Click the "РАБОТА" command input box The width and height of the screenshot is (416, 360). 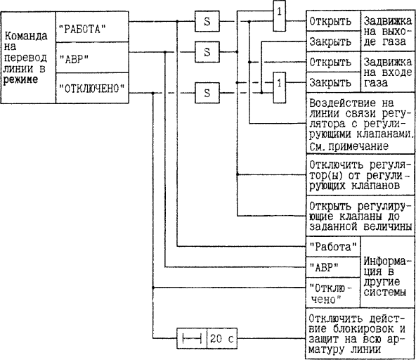92,27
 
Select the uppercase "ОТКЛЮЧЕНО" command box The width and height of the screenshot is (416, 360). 92,88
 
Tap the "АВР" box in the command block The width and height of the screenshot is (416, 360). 92,58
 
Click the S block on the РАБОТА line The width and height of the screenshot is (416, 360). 207,21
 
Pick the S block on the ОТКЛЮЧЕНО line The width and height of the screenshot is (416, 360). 207,93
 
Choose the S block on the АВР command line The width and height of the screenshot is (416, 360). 207,52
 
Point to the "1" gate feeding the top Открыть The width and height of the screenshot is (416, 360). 280,15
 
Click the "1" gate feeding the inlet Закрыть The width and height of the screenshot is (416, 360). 280,87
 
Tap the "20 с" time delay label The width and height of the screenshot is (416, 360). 222,338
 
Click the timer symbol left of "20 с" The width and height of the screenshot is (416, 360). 192,338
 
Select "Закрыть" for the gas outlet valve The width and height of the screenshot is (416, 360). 334,41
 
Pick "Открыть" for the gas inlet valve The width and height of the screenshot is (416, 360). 334,62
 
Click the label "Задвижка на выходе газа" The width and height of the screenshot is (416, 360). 388,31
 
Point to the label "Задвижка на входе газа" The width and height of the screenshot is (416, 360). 388,72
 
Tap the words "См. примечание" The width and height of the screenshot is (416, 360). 349,146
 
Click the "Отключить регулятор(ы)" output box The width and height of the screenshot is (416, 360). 360,174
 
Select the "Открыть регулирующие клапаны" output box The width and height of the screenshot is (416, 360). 360,216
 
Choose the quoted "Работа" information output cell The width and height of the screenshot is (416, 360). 333,247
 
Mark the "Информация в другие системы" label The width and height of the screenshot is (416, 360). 385,276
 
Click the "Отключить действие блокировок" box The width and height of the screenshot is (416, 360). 360,334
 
